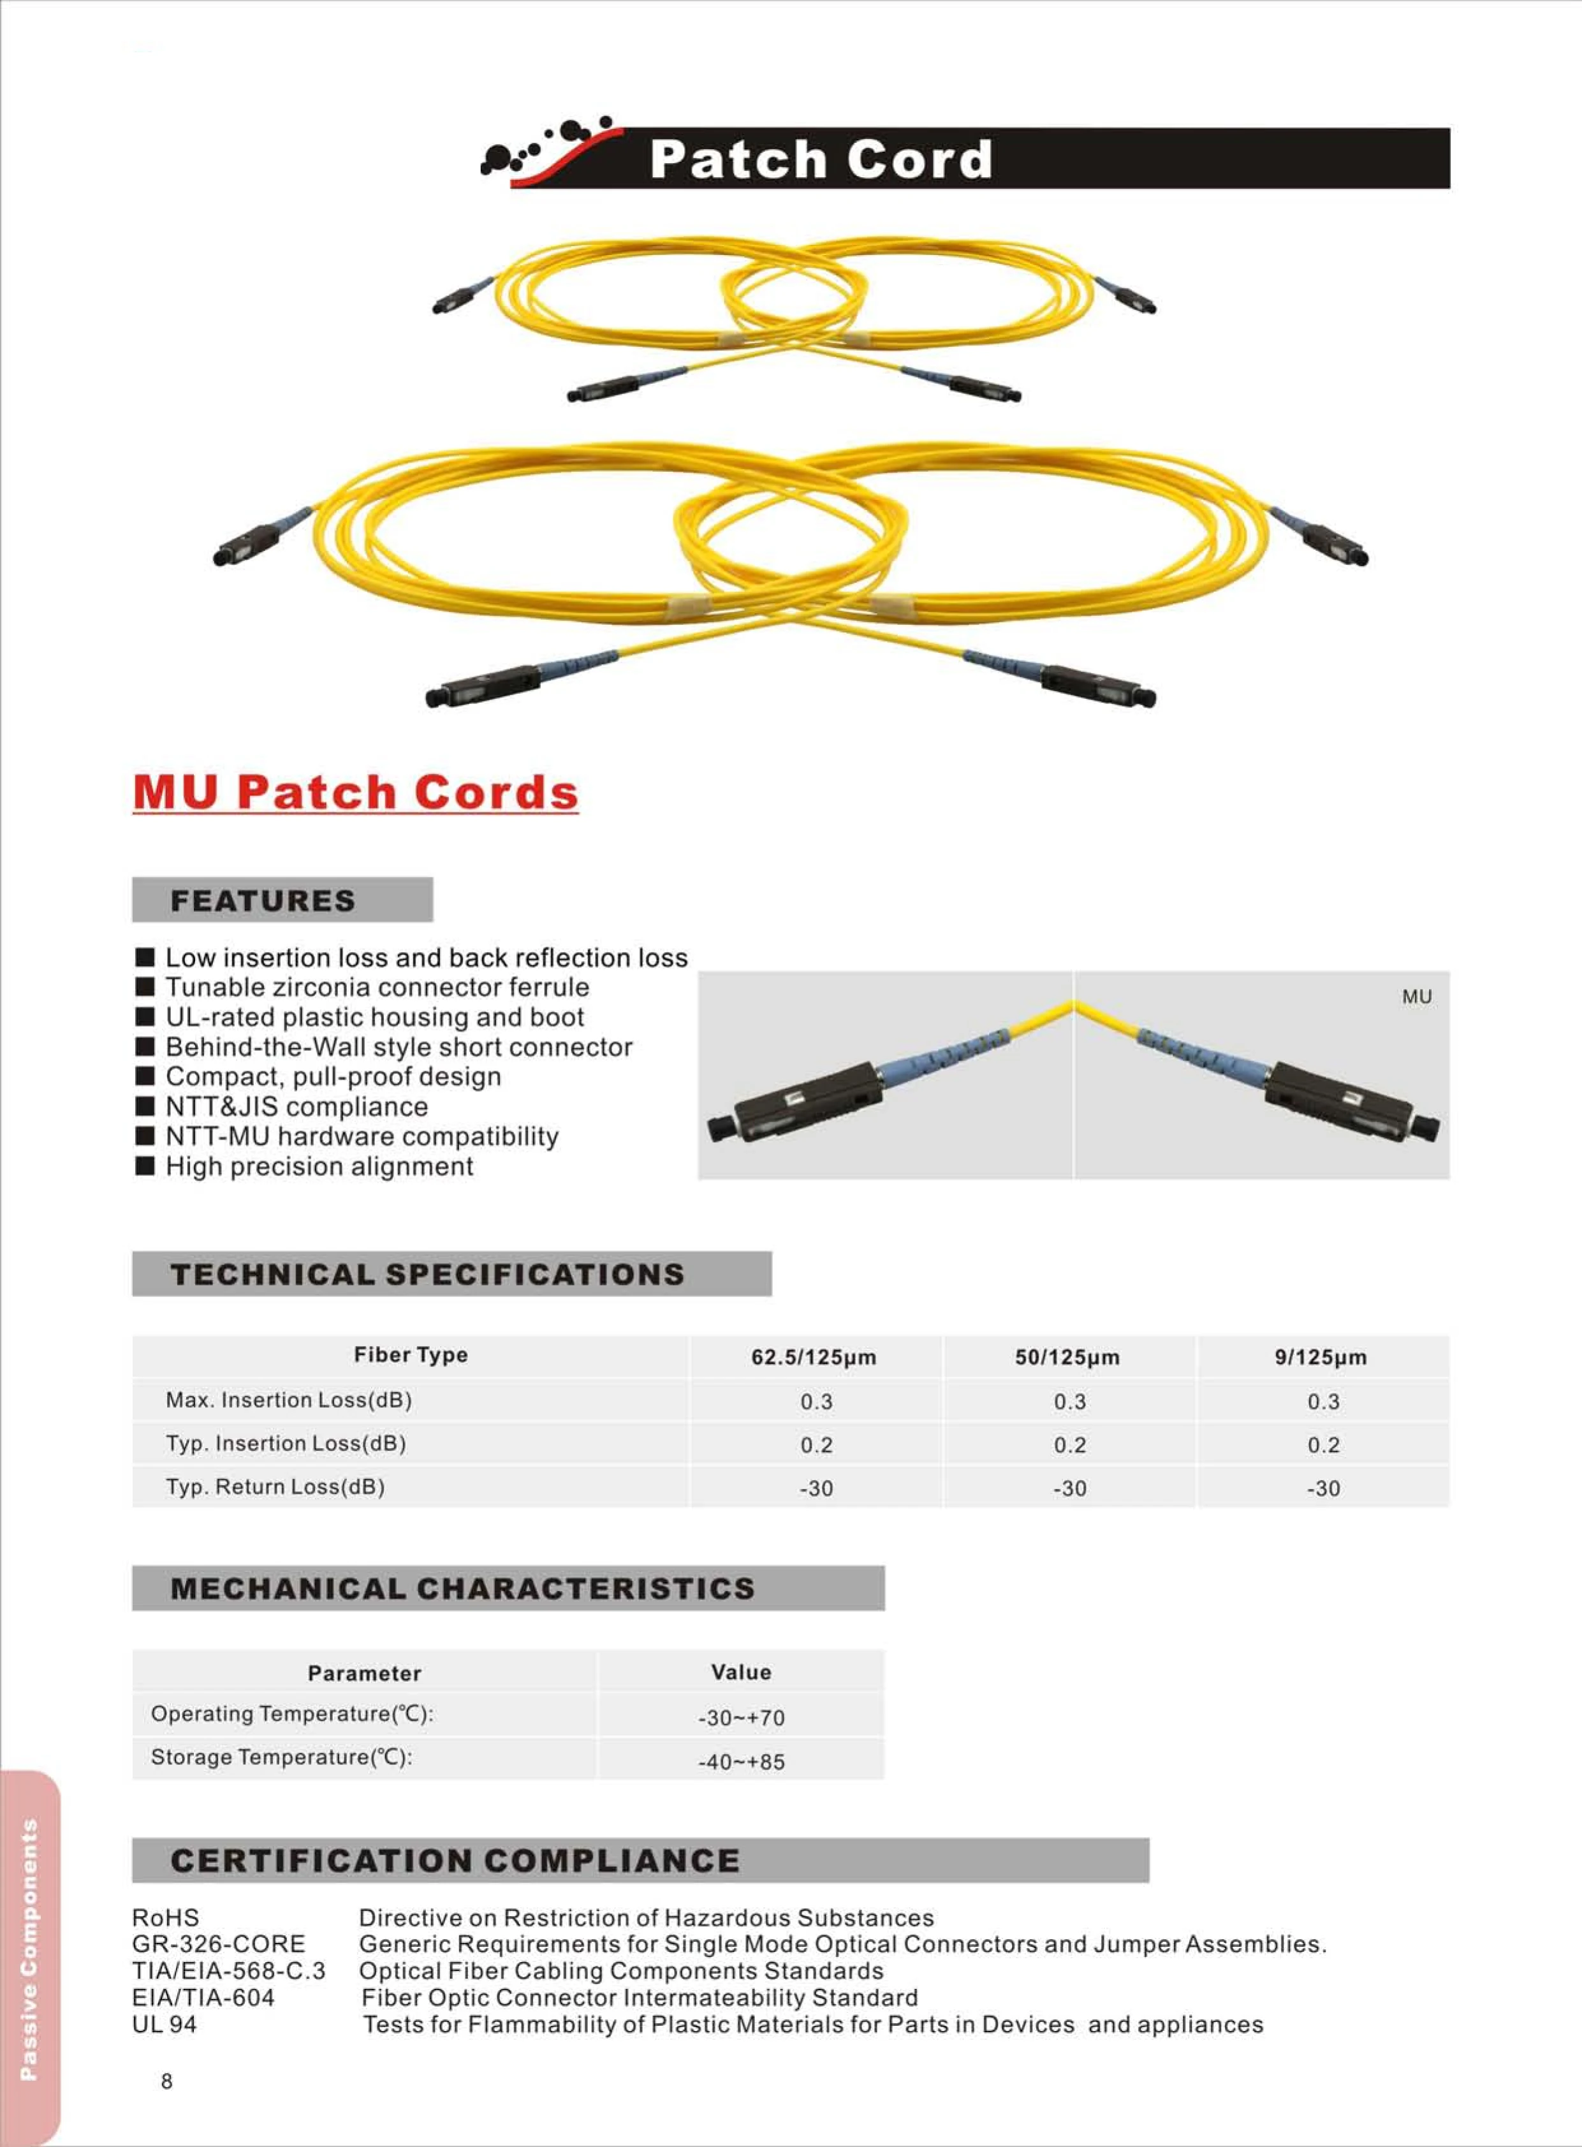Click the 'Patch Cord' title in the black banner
(820, 159)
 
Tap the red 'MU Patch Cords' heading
(355, 793)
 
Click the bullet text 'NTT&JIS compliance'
(297, 1107)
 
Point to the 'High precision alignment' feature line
(319, 1166)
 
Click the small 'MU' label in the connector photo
(1416, 997)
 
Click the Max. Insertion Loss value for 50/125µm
(1070, 1402)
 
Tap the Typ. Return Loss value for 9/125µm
(1324, 1489)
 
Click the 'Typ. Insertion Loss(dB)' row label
(286, 1444)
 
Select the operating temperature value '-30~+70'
(741, 1718)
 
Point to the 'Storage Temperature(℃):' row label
(282, 1757)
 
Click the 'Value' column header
(741, 1672)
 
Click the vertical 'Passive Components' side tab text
(29, 1949)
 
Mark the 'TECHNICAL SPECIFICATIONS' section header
(427, 1275)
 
